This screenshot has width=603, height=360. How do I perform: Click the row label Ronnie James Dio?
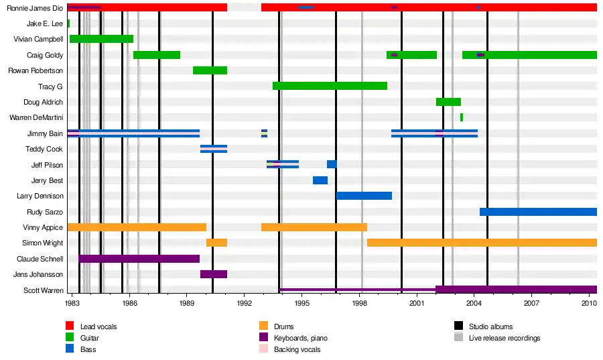(35, 8)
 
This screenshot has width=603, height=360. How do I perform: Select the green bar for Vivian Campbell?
(101, 39)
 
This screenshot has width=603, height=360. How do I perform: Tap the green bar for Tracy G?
(330, 86)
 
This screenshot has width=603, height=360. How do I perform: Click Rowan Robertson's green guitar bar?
(210, 70)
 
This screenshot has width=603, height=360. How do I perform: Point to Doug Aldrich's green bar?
(448, 102)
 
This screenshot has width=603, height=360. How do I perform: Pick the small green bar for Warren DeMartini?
(462, 117)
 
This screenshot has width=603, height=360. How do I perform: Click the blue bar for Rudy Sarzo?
(538, 212)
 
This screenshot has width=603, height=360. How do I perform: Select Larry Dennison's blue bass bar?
(364, 196)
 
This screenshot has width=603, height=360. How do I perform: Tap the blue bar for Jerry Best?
(320, 180)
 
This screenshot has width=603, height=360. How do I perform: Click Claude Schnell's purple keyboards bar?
(139, 259)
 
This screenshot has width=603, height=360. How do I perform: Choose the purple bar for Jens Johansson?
(214, 274)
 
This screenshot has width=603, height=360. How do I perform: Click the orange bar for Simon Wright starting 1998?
(482, 243)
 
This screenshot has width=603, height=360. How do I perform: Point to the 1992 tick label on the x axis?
(244, 304)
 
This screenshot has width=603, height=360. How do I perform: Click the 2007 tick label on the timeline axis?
(531, 304)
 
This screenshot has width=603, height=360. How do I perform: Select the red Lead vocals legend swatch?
(70, 326)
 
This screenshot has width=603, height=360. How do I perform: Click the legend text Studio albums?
(490, 326)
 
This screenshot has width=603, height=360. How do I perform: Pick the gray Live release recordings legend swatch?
(459, 338)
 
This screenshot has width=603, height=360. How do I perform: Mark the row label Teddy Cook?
(44, 149)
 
